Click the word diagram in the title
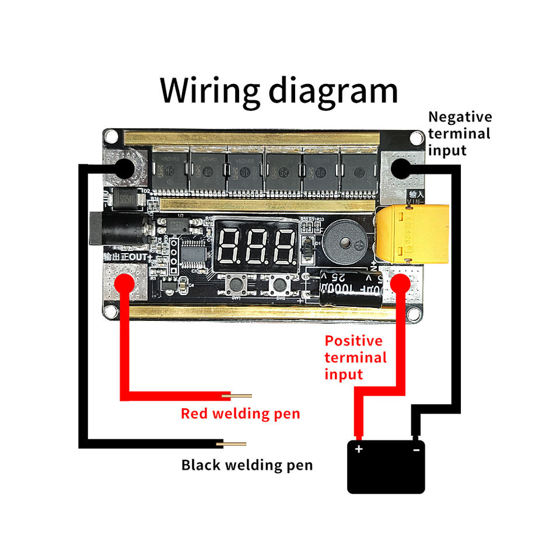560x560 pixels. (333, 90)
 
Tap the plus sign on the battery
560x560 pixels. (358, 449)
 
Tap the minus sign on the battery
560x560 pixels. (416, 450)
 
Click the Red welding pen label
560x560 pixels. (240, 414)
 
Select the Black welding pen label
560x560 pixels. (247, 466)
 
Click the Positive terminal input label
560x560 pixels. (355, 357)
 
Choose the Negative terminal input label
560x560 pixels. (460, 134)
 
